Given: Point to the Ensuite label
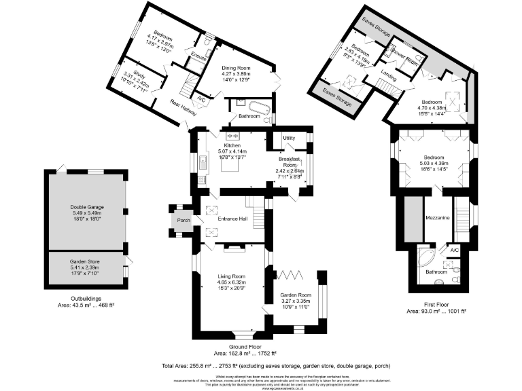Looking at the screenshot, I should point(199,58).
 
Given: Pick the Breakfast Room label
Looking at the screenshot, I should point(290,162).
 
